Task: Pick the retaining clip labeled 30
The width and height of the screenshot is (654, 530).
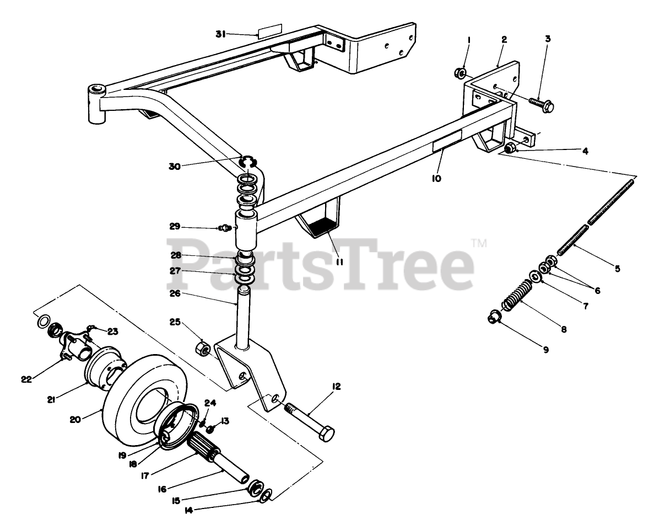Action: tap(250, 162)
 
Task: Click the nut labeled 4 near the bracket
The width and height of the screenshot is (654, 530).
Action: tap(511, 148)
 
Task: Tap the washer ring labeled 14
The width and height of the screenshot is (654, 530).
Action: tap(264, 495)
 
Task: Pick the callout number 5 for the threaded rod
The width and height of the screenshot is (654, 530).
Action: tap(617, 269)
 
